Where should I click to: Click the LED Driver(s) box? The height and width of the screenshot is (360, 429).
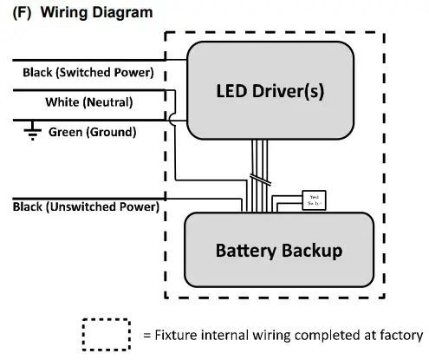(270, 89)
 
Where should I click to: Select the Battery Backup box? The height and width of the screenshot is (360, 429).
(278, 250)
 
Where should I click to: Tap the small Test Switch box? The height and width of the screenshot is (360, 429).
(313, 200)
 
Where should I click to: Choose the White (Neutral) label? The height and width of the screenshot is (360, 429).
(88, 102)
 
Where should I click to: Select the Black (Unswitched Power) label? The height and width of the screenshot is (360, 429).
(86, 206)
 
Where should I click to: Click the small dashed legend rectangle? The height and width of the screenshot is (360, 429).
(106, 335)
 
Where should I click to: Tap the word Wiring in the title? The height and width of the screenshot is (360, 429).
(63, 13)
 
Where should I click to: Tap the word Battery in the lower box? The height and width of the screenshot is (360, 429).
(247, 250)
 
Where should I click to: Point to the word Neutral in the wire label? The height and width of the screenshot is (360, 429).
(108, 102)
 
